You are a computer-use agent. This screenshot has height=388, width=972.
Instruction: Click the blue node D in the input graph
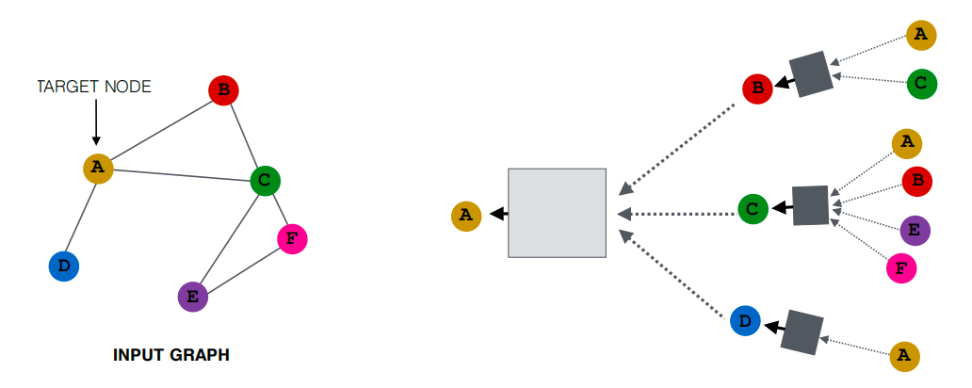tap(63, 267)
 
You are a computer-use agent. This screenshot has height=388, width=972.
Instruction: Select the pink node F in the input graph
tap(292, 239)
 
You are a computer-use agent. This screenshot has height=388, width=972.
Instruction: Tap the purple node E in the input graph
tap(192, 297)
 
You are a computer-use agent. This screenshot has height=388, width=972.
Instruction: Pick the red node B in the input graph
tap(223, 91)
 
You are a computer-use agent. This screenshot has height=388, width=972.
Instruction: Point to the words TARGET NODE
tap(94, 87)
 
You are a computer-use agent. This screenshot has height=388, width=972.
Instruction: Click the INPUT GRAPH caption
tap(171, 355)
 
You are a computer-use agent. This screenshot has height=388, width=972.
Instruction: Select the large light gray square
tap(557, 213)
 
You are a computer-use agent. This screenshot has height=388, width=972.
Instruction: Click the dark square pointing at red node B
tap(811, 73)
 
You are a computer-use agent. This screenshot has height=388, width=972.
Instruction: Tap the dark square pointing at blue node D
tap(802, 332)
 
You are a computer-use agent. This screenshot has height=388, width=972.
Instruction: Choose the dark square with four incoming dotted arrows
tap(810, 205)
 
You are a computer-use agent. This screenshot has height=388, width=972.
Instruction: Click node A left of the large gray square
tap(465, 216)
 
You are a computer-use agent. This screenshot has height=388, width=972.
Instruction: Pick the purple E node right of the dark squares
tap(915, 229)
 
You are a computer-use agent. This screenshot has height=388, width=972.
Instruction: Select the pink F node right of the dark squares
tap(901, 268)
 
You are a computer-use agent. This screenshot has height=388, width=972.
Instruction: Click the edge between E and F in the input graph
tap(242, 268)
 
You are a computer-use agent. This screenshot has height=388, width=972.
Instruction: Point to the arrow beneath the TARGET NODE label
tap(96, 122)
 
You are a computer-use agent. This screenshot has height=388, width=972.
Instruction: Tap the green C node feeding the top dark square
tap(921, 83)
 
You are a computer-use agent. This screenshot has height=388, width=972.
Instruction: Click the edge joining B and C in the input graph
tap(244, 134)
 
